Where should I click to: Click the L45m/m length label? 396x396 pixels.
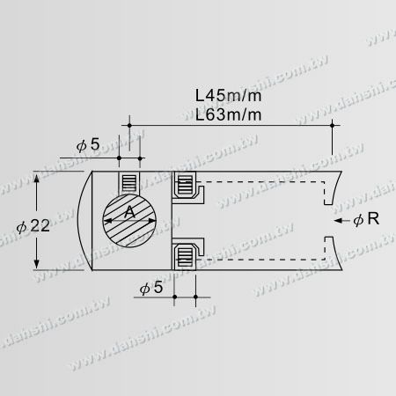pos(231,94)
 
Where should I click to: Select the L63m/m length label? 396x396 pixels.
pos(231,114)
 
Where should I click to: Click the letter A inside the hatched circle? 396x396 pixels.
pos(130,211)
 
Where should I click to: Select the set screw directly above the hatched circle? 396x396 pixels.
pos(130,183)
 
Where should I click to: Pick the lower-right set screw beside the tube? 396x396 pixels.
pos(185,257)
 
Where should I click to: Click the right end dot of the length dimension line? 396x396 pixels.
pos(333,127)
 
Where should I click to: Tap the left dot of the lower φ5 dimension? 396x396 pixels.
pos(175,297)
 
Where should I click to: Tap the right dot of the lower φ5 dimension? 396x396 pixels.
pos(194,297)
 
